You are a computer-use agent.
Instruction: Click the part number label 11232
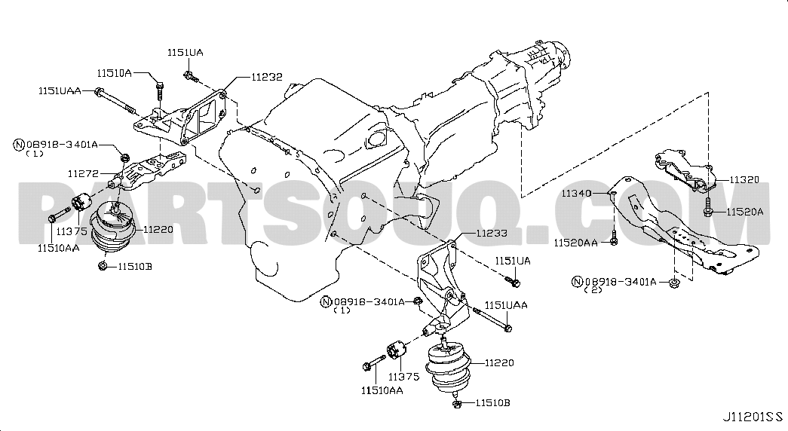point(266,77)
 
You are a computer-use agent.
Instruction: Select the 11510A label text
point(114,73)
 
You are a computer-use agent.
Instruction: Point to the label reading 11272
point(84,173)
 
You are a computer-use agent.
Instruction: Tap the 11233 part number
point(492,233)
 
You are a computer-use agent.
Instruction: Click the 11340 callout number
point(576,193)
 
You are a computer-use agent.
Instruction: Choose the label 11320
point(744,179)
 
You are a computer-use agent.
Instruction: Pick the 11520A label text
point(744,212)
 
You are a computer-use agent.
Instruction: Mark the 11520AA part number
point(576,243)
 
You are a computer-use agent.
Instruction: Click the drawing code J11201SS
point(753,417)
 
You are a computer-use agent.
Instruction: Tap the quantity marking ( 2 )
point(593,290)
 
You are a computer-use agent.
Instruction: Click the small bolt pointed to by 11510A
point(159,93)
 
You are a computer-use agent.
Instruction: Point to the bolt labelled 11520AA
point(614,239)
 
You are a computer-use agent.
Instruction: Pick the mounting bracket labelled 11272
point(149,171)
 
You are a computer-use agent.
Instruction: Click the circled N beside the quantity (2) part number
point(577,282)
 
